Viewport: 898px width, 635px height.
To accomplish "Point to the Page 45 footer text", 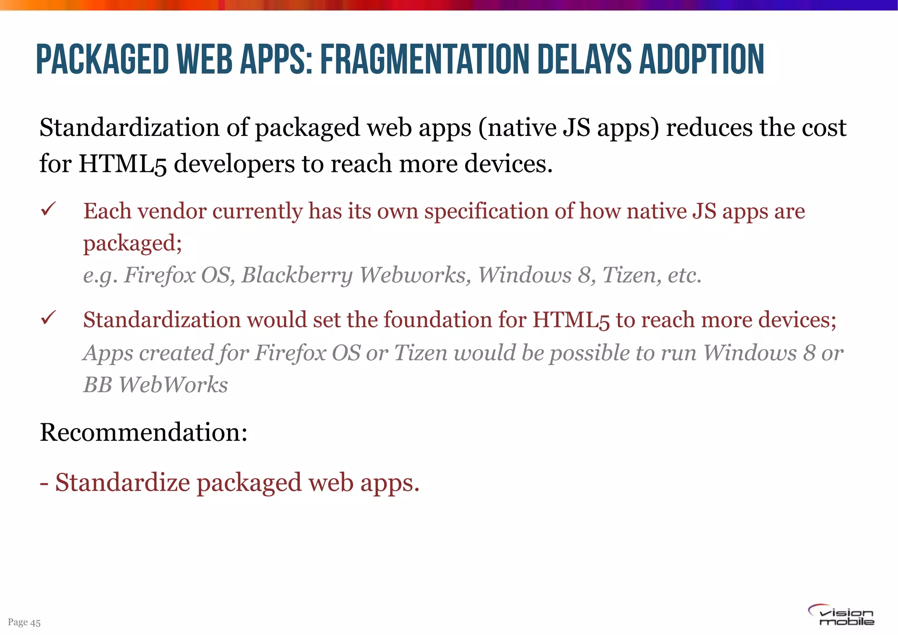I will click(24, 622).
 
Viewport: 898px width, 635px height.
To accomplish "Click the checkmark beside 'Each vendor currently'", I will click(48, 209).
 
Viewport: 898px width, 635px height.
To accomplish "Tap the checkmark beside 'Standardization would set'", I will click(48, 318).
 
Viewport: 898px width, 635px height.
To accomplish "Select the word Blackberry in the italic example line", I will click(297, 275).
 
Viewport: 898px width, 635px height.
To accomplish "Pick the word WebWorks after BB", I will click(173, 385).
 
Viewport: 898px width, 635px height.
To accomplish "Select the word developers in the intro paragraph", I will click(234, 164).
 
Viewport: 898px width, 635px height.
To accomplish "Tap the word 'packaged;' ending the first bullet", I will click(132, 244).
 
